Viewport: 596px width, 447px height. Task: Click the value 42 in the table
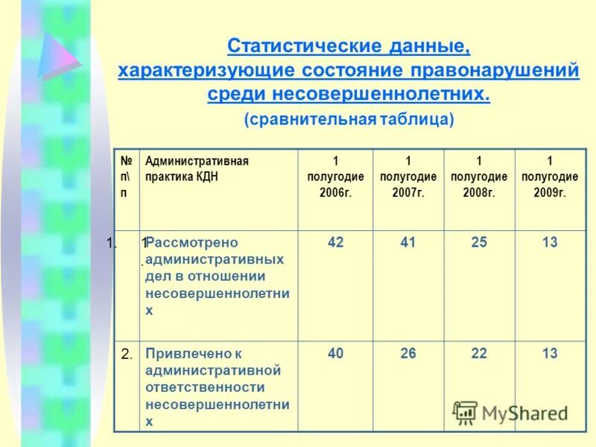coord(335,243)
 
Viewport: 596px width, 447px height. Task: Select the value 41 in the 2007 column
coord(408,243)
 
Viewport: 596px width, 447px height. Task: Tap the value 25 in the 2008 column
coord(479,243)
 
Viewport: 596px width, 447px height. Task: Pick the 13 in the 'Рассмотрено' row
coord(550,243)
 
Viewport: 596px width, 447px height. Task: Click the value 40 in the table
coord(335,354)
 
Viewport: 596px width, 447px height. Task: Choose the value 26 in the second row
coord(408,354)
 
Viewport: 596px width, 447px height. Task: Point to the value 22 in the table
coord(479,354)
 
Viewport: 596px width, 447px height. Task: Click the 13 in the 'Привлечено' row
coord(550,354)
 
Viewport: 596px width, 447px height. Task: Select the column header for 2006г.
coord(335,177)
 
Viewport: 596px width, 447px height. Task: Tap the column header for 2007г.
coord(408,177)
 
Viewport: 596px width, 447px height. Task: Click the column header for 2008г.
coord(479,177)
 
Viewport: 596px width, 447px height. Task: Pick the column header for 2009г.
coord(550,177)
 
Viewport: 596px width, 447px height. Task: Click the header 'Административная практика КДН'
coord(197,169)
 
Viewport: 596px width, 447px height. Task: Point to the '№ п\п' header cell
coord(127,177)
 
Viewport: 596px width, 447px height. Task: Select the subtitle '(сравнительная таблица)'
coord(349,119)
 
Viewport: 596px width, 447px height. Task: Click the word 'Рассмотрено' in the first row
coord(192,243)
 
